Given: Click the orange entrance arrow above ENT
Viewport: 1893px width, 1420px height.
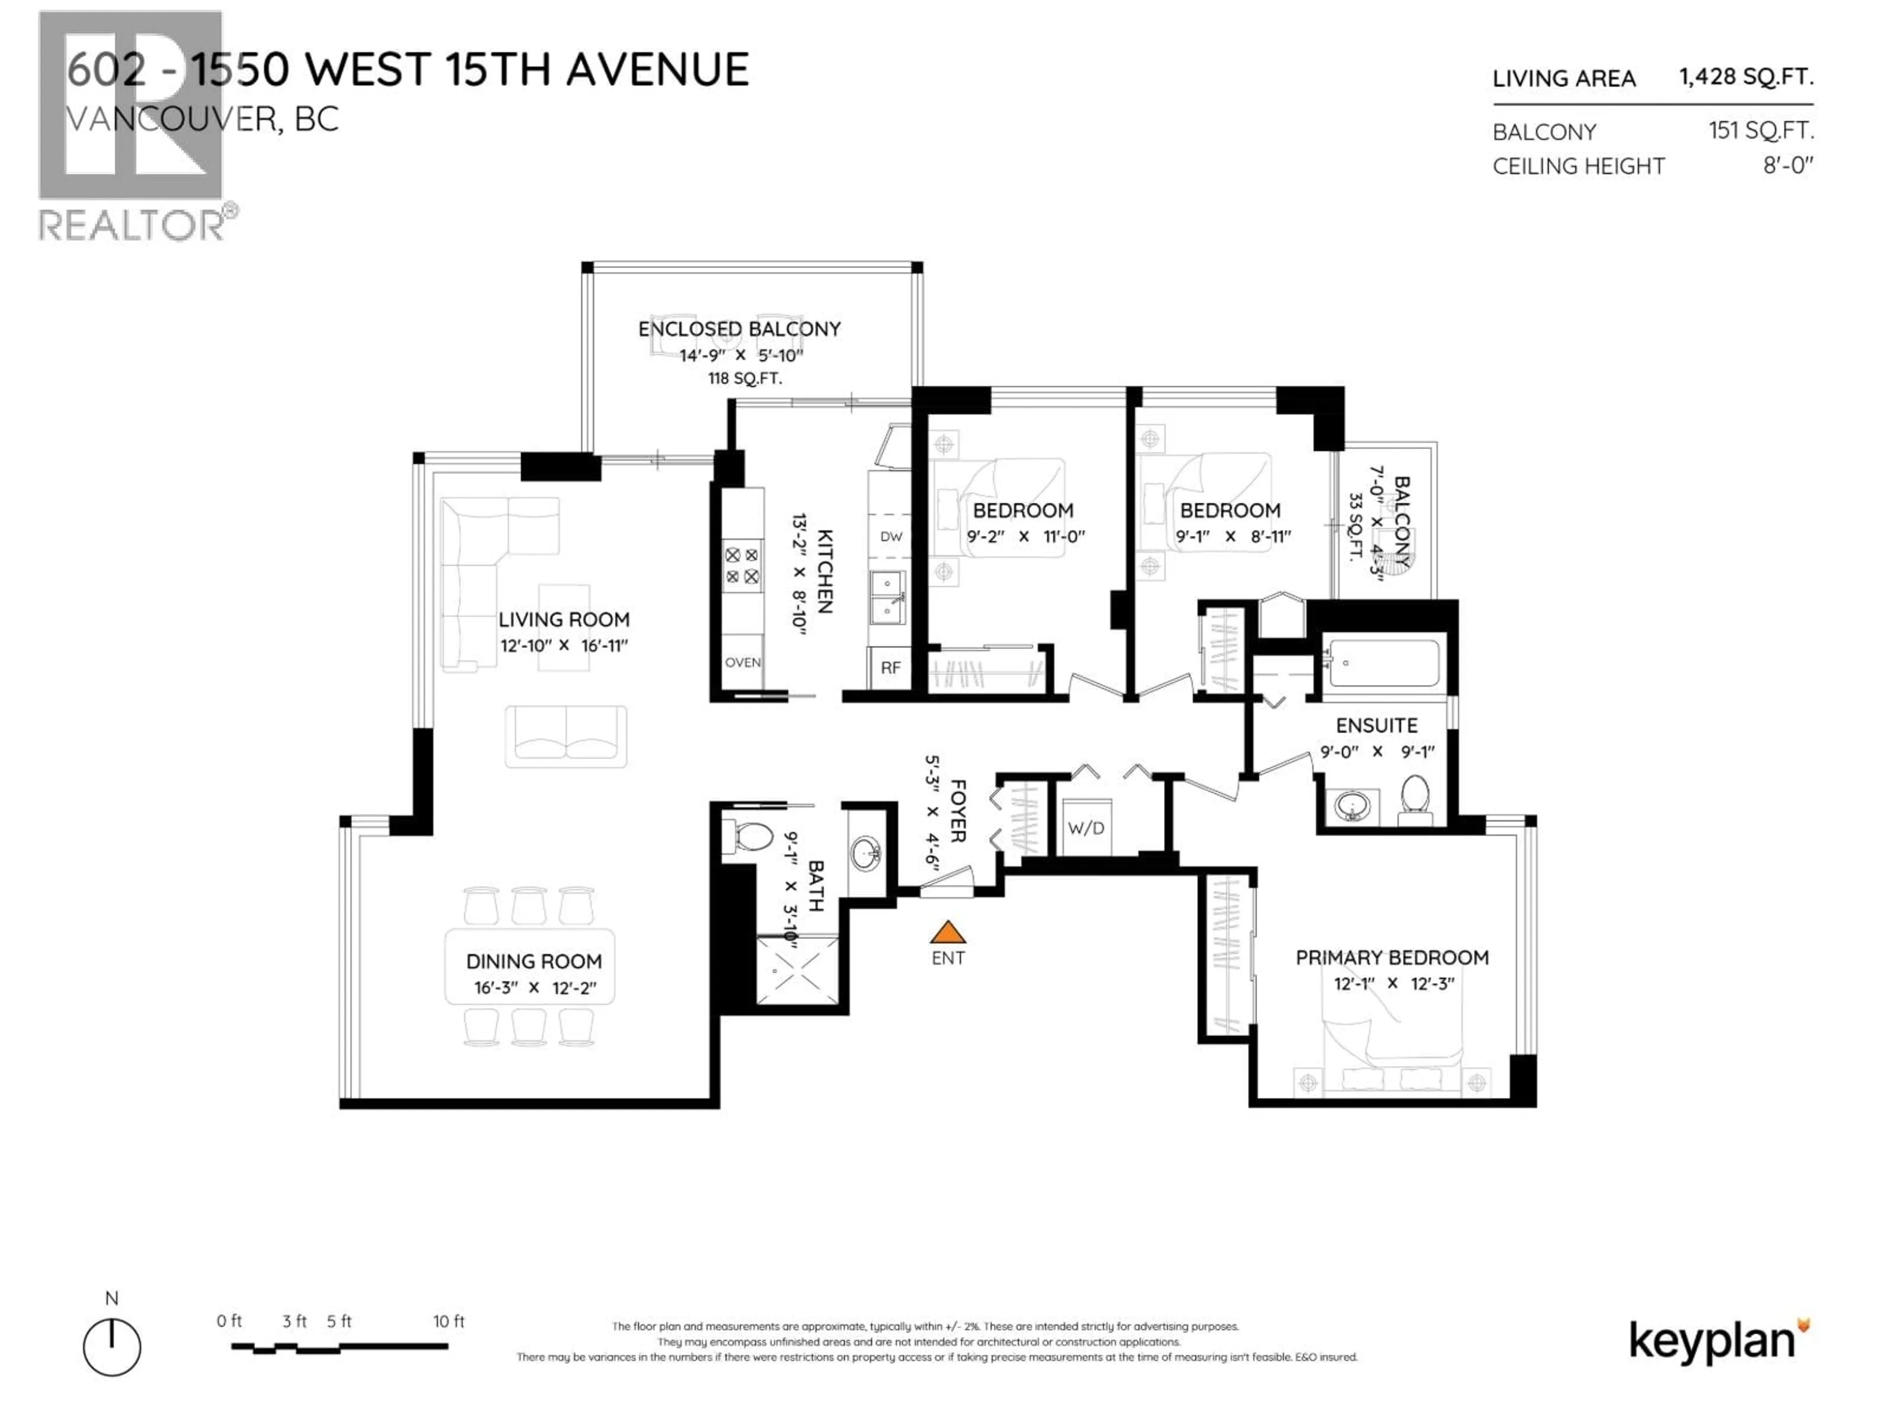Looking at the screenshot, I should [947, 931].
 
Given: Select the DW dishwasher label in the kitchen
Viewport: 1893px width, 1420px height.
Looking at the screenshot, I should [891, 536].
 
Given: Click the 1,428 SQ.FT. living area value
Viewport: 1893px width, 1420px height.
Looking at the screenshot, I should [1746, 77].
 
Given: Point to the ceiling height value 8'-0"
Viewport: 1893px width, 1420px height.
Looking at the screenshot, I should [1788, 165].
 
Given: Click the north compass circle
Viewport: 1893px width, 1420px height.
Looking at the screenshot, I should [112, 1347].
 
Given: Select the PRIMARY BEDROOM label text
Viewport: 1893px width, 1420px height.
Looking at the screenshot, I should [1392, 957].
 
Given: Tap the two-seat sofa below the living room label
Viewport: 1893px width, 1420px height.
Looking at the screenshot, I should [565, 736].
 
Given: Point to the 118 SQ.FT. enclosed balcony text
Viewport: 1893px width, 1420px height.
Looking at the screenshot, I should [744, 378].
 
